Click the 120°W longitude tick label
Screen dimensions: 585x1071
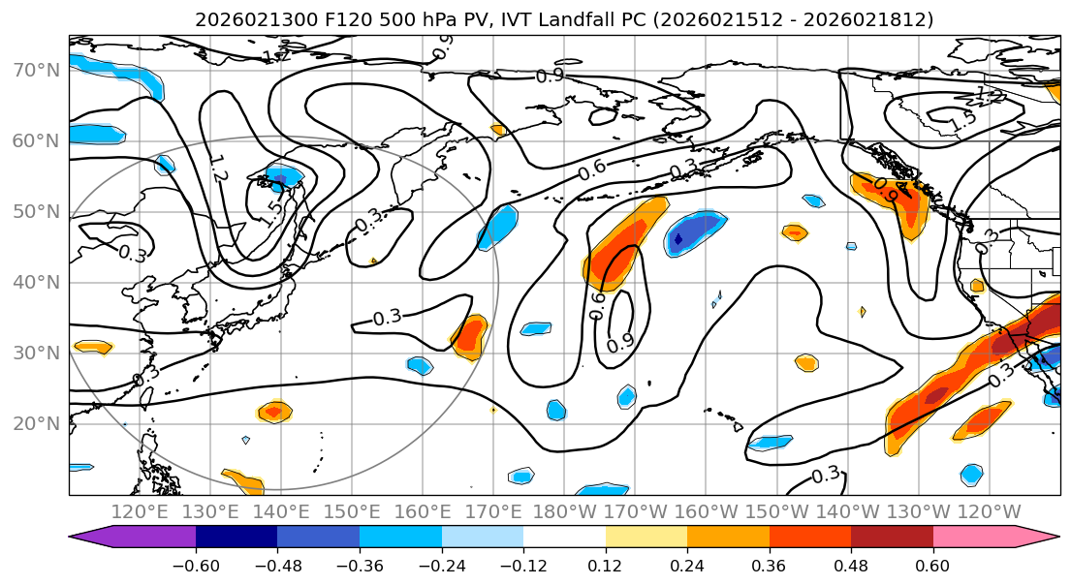[x=989, y=511]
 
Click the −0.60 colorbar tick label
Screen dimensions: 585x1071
[x=196, y=564]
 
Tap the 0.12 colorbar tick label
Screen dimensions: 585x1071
[x=605, y=564]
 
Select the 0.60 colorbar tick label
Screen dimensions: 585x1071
[x=932, y=564]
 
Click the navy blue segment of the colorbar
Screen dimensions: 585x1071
[x=236, y=538]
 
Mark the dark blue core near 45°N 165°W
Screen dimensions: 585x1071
[x=678, y=237]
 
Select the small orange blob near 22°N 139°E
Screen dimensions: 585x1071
[x=274, y=412]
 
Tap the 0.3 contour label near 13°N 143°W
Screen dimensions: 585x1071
[x=826, y=475]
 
